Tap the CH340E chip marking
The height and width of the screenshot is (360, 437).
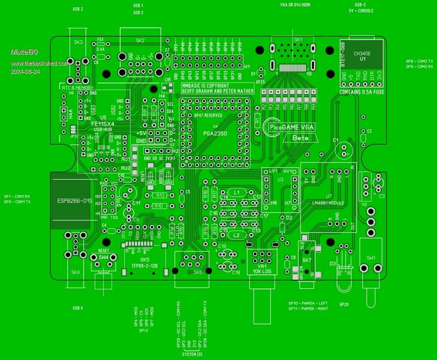(x=362, y=54)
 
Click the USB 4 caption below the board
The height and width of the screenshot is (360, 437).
(x=78, y=308)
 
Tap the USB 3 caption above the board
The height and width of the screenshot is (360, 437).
(x=78, y=9)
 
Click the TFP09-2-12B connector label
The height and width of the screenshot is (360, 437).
(x=144, y=265)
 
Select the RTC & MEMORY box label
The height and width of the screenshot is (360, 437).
(x=77, y=87)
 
